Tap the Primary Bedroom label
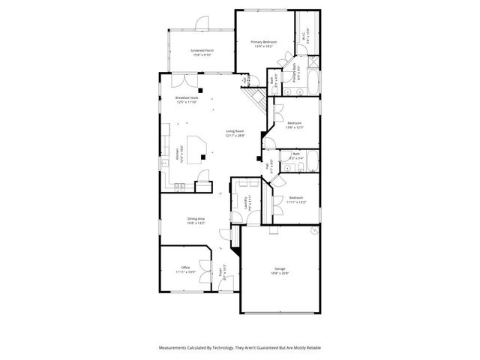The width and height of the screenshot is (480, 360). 263,42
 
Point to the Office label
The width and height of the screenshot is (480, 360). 184,267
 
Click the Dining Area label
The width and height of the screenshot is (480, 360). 196,218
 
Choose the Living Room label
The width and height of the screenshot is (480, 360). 235,131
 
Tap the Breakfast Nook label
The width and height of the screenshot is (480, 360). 187,98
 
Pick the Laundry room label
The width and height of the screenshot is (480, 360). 245,202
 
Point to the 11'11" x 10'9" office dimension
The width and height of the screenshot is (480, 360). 184,271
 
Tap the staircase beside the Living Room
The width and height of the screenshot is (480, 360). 255,93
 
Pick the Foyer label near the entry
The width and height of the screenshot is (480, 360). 220,274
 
